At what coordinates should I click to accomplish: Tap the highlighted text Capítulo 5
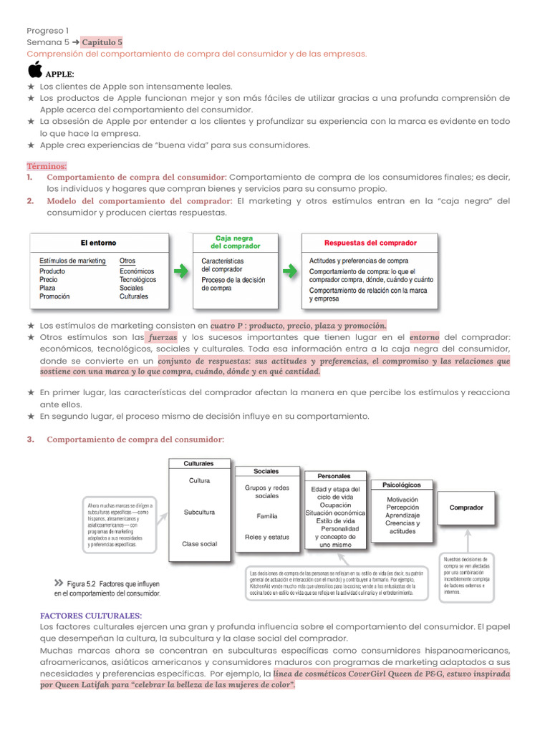tap(102, 42)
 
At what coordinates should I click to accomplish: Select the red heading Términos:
tap(47, 165)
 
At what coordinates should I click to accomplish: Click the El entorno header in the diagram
tap(98, 243)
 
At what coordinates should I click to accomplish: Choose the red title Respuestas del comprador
tap(370, 243)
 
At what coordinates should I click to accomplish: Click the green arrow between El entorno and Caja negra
tap(182, 271)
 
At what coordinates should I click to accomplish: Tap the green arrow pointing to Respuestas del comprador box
tap(291, 271)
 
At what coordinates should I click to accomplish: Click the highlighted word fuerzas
tap(163, 336)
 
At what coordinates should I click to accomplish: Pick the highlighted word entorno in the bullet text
tap(424, 336)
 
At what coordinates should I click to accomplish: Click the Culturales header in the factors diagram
tap(199, 463)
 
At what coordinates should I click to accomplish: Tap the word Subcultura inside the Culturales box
tap(199, 513)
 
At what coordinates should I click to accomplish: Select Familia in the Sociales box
tap(266, 515)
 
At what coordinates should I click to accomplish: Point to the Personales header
tap(334, 476)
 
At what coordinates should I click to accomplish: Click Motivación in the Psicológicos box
tap(402, 500)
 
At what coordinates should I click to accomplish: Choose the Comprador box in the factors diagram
tap(465, 508)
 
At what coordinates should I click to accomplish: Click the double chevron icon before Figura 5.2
tap(58, 583)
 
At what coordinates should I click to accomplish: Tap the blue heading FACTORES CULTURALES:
tap(91, 616)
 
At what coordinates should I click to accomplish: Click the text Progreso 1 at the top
tap(48, 31)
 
